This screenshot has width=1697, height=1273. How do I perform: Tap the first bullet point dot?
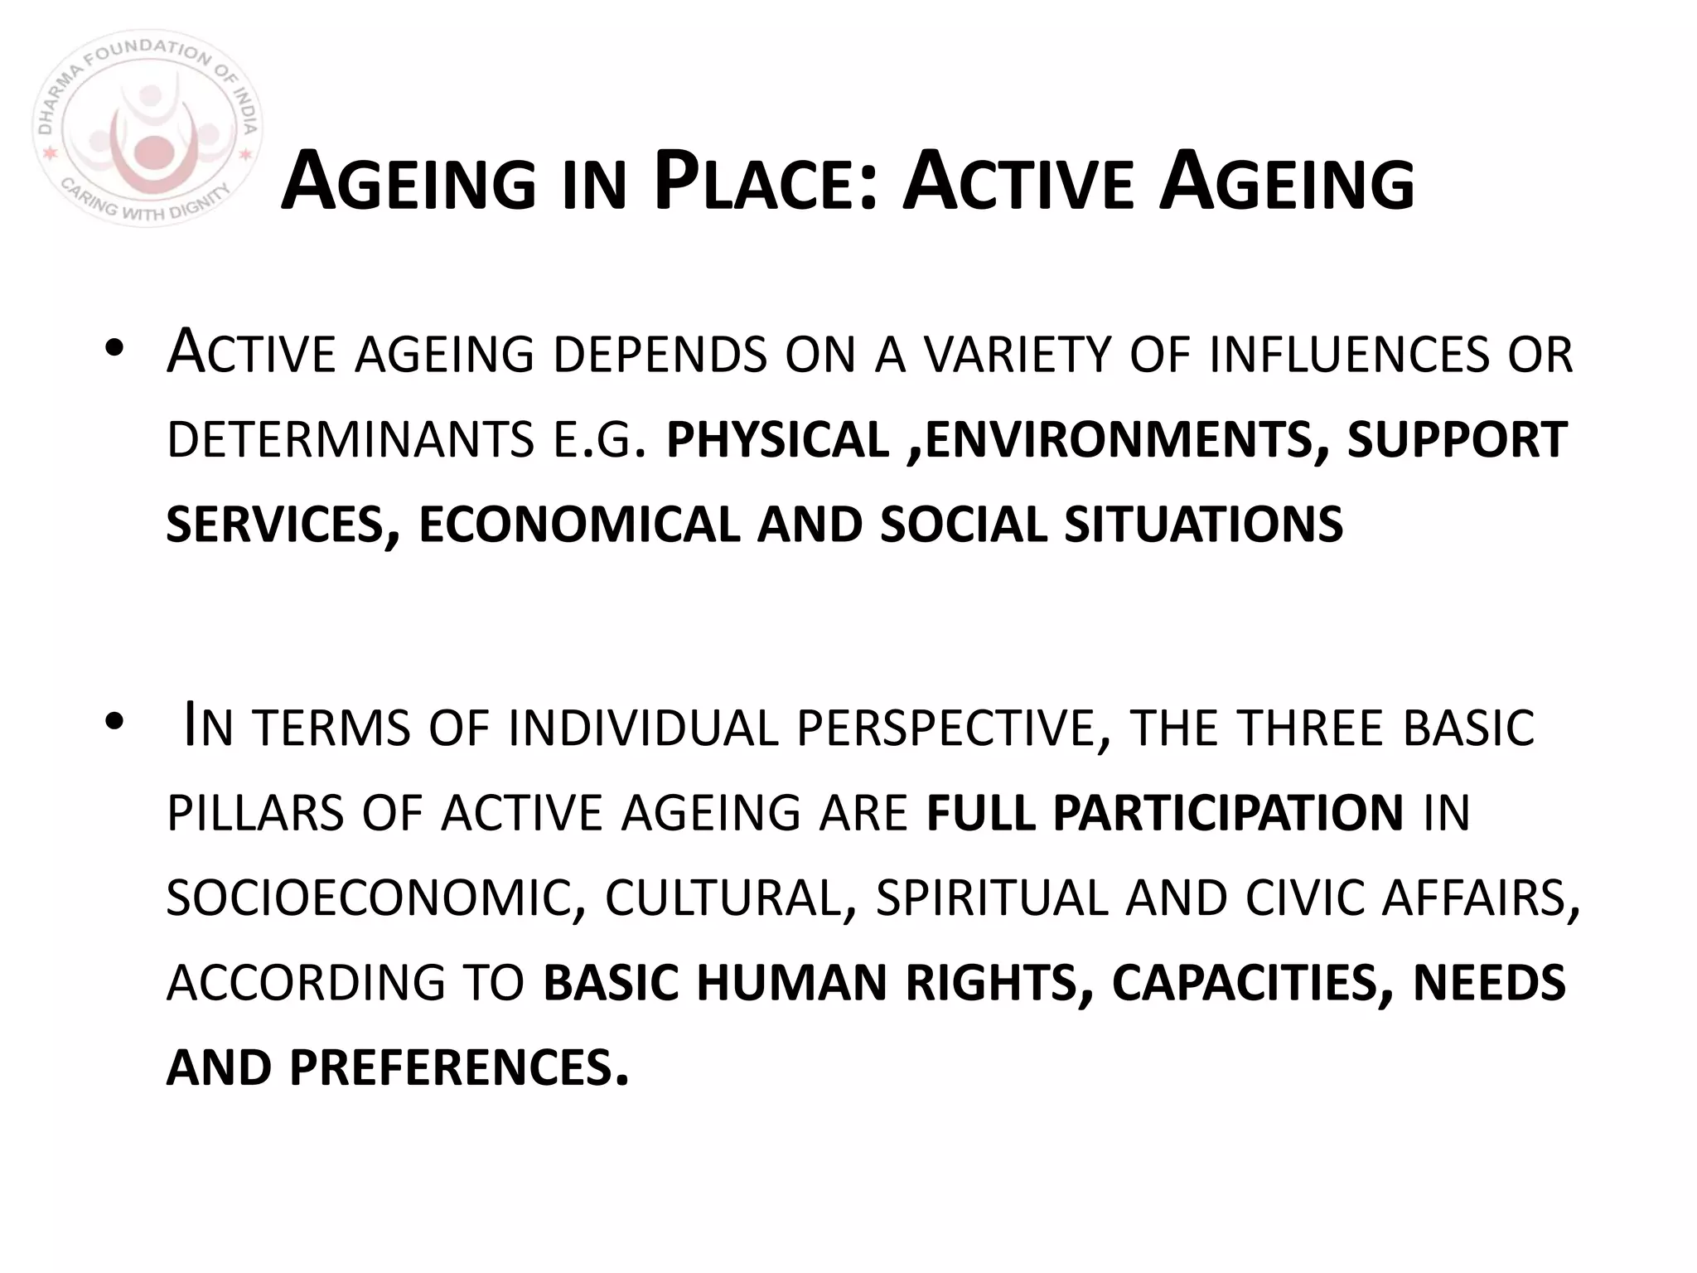click(x=115, y=351)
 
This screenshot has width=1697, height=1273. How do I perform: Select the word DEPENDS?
click(x=660, y=356)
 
